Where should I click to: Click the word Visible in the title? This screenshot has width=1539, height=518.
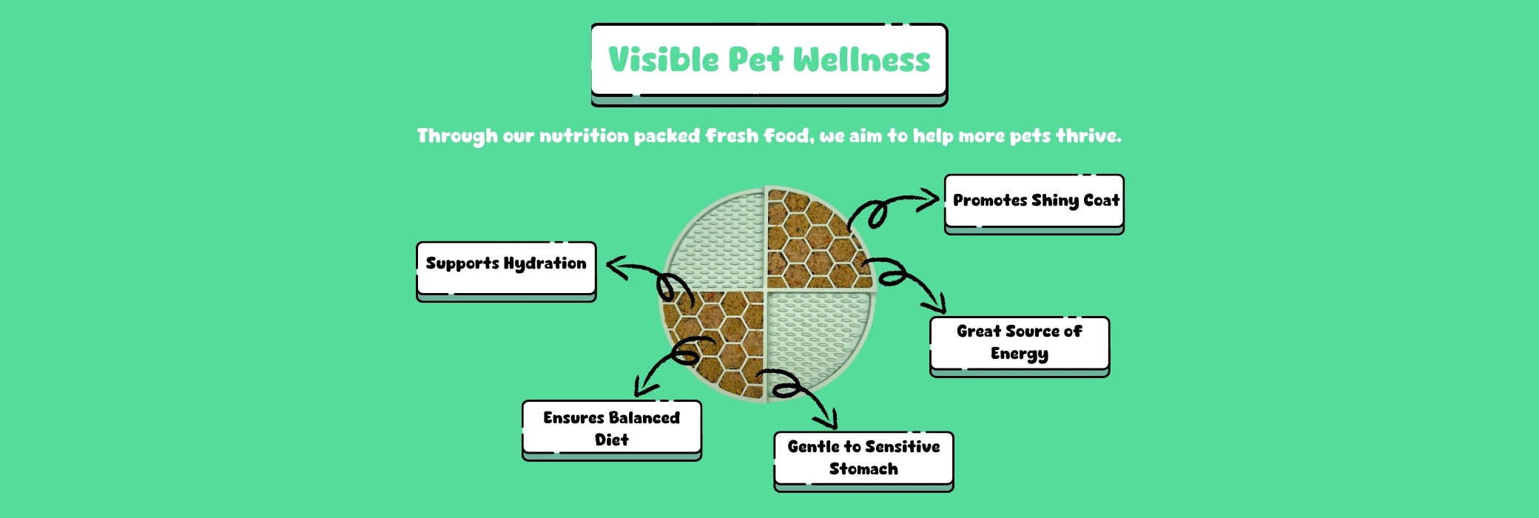click(663, 60)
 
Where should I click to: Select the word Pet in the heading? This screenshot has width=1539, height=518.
click(755, 60)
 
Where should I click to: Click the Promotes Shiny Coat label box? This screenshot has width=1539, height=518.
click(1034, 204)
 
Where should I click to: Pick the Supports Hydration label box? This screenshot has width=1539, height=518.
click(506, 271)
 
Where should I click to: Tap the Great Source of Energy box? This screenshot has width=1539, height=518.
click(1020, 346)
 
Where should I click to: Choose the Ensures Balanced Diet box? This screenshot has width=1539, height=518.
click(612, 430)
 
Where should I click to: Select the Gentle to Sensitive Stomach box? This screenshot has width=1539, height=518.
click(863, 461)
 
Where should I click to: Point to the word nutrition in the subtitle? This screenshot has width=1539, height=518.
click(584, 136)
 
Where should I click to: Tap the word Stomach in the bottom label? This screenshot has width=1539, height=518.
click(863, 469)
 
